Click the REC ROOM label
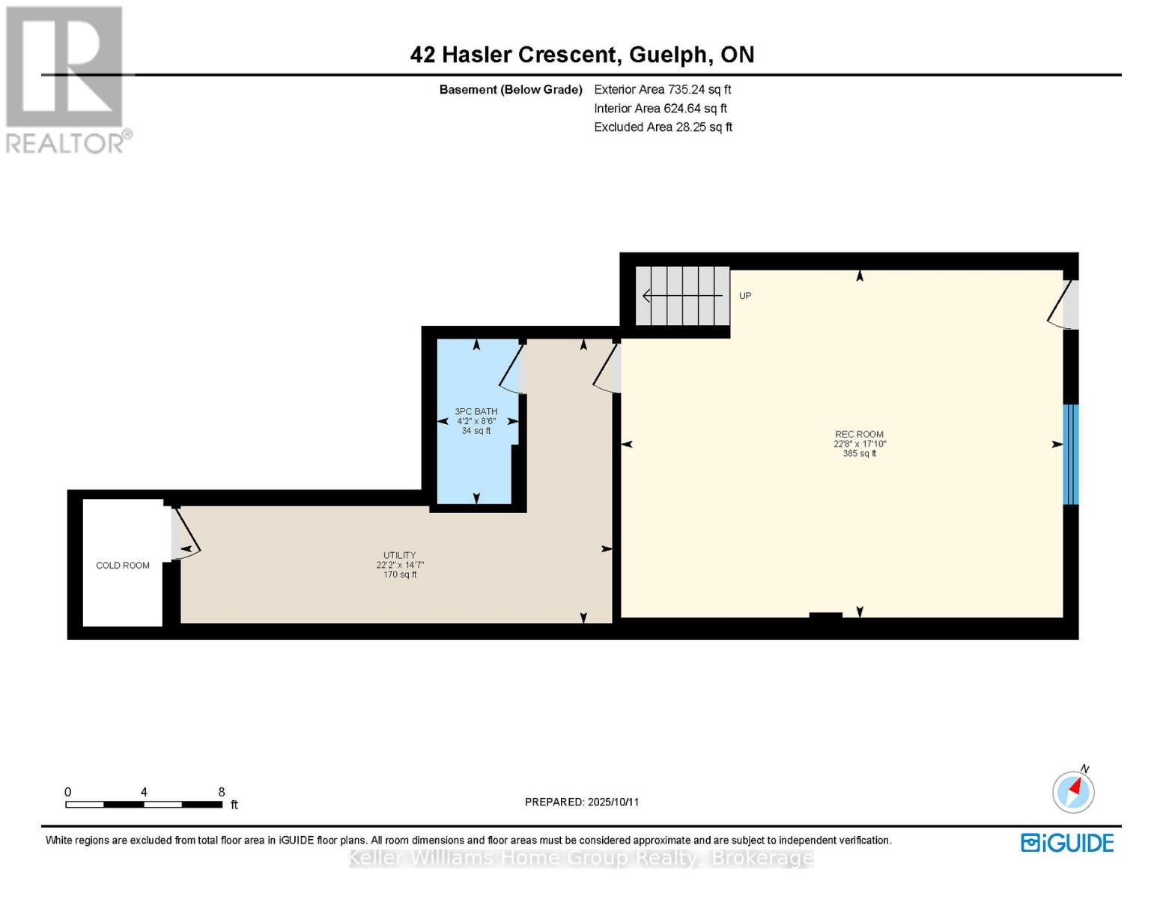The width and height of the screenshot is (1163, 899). (x=859, y=434)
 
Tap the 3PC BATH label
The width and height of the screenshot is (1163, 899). (x=476, y=411)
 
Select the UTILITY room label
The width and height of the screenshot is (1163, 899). (x=399, y=555)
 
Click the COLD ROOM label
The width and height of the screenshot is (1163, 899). (x=123, y=566)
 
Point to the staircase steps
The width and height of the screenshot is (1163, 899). (x=682, y=296)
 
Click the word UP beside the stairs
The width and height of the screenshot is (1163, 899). (x=745, y=296)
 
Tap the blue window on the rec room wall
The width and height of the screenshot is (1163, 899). (x=1071, y=455)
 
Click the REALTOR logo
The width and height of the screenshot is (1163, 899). (x=66, y=79)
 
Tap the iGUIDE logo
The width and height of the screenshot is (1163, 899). (x=1067, y=843)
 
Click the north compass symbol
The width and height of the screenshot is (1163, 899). (x=1073, y=791)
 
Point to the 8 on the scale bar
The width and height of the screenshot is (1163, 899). (x=222, y=792)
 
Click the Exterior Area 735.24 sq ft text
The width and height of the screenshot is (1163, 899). (x=662, y=89)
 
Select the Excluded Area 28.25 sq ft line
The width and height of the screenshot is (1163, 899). (x=663, y=127)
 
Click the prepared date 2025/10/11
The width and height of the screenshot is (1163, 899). (x=613, y=802)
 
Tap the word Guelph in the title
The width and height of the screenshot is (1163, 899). (x=668, y=55)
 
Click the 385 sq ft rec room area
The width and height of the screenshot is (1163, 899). (x=859, y=453)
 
